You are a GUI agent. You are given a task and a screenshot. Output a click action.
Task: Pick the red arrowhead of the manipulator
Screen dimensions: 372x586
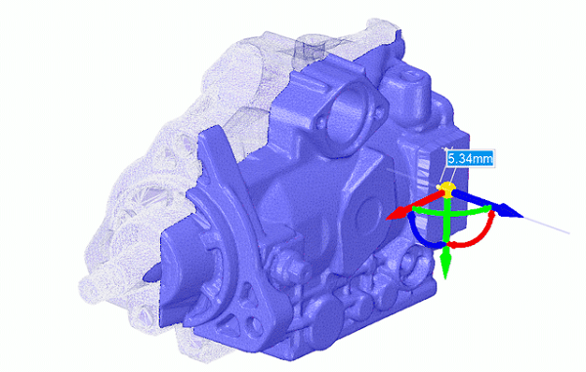tap(395, 214)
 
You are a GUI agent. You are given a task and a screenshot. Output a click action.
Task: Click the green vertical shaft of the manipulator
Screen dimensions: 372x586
tap(446, 234)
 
